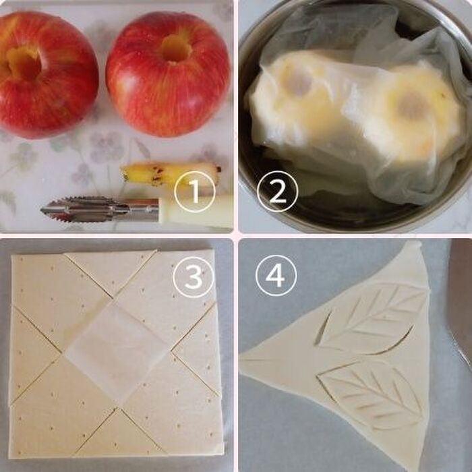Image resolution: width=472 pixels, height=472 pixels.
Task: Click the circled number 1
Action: pyautogui.click(x=195, y=191)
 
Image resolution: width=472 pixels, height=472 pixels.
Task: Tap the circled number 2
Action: pyautogui.click(x=277, y=191)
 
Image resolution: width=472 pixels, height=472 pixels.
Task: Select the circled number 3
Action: pyautogui.click(x=194, y=277)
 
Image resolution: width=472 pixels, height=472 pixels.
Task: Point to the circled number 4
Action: pyautogui.click(x=276, y=276)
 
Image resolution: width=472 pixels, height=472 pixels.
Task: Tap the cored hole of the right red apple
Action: pyautogui.click(x=176, y=47)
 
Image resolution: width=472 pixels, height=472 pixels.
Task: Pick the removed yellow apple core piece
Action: pyautogui.click(x=170, y=173)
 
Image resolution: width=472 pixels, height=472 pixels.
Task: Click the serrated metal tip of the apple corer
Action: pyautogui.click(x=85, y=210)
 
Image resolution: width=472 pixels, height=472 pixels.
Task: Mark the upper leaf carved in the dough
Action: pyautogui.click(x=370, y=319)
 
